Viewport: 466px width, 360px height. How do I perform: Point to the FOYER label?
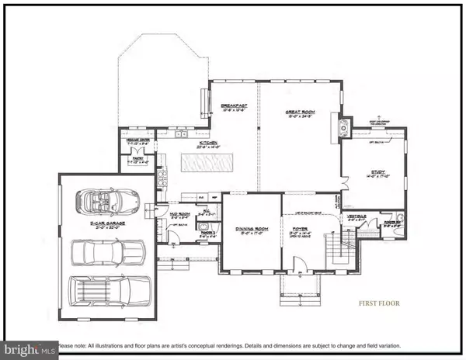point(299,228)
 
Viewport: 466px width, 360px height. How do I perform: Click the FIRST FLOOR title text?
point(378,304)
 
